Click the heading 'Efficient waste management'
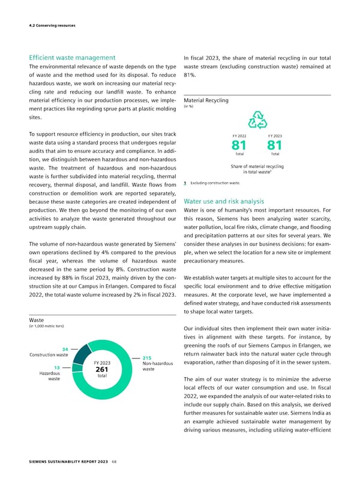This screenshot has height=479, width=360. [x=71, y=58]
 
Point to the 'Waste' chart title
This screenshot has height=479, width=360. [x=38, y=320]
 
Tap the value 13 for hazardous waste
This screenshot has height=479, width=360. [x=55, y=367]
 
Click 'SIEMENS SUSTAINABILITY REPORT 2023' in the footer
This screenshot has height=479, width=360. [x=67, y=461]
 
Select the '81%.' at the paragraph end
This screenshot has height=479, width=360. [x=191, y=76]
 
